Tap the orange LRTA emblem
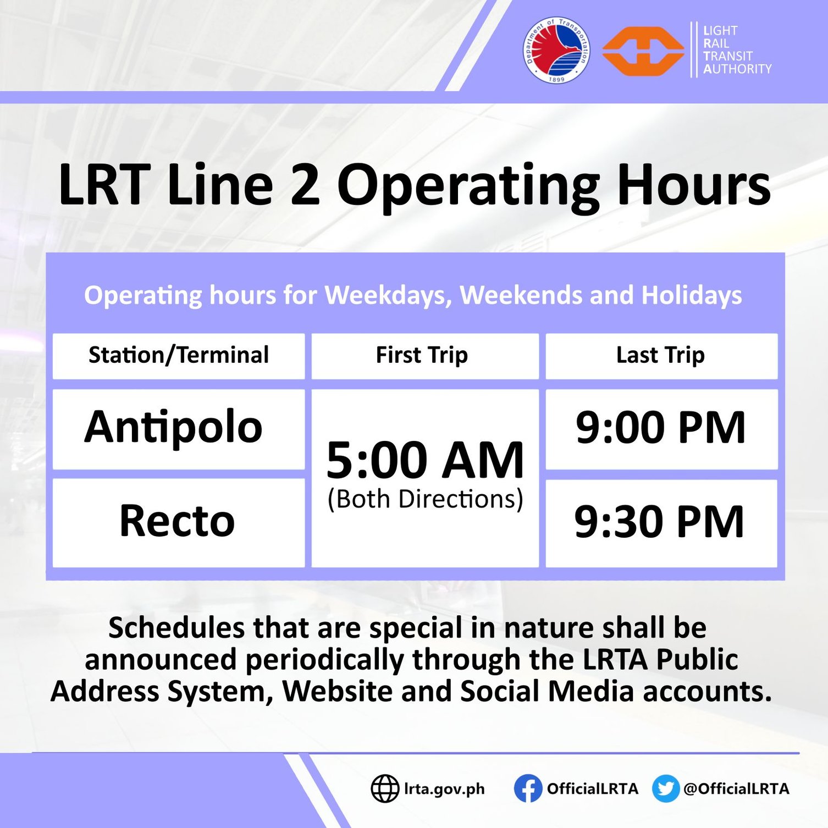(x=643, y=51)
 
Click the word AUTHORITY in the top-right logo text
(x=737, y=69)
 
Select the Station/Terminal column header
(x=179, y=355)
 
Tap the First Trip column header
(x=422, y=355)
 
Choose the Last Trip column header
(x=660, y=355)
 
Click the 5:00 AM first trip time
(x=425, y=460)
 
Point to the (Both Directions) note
(x=425, y=499)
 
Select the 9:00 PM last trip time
(x=660, y=428)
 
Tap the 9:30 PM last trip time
(x=659, y=522)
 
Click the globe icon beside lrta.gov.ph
(x=384, y=788)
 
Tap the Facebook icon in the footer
(x=528, y=788)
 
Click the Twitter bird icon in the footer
(x=665, y=788)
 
